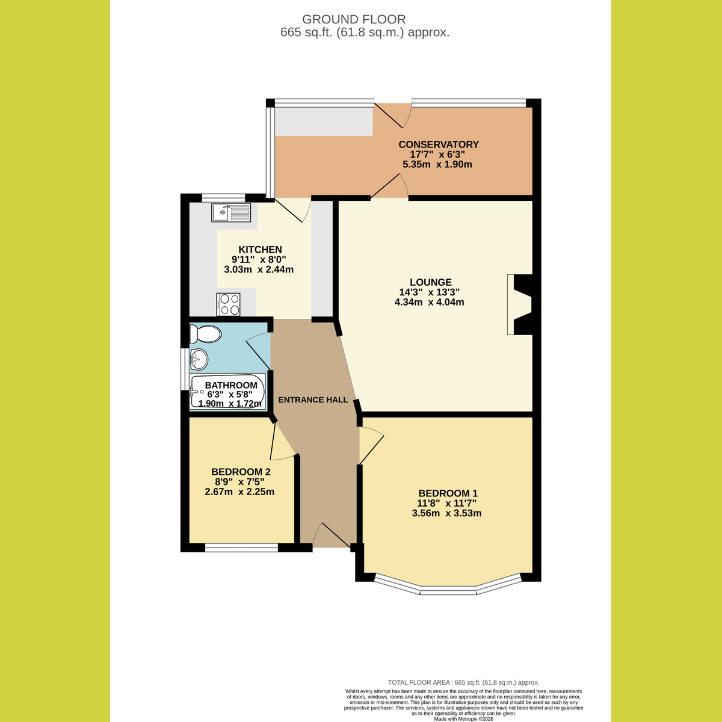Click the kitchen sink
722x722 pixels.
click(231, 212)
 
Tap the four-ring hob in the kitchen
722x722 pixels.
click(228, 304)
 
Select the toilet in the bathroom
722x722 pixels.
click(205, 334)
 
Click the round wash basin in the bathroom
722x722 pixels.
click(199, 359)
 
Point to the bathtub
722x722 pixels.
click(228, 391)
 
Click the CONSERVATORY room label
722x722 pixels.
click(439, 144)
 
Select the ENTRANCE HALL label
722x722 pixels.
click(313, 400)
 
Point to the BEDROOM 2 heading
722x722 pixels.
click(241, 472)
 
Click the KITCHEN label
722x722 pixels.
click(260, 250)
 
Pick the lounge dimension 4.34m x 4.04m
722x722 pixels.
click(430, 302)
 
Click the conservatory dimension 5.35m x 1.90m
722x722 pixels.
click(437, 164)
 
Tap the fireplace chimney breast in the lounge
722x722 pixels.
click(520, 304)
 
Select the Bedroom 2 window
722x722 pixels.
click(242, 548)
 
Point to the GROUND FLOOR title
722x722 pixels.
click(354, 19)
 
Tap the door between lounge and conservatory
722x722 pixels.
click(389, 186)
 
